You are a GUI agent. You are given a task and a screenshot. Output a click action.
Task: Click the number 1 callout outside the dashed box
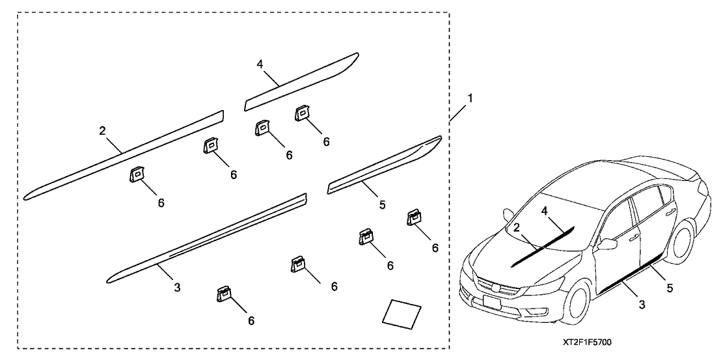470,99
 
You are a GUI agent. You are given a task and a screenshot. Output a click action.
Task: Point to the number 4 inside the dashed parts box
260,64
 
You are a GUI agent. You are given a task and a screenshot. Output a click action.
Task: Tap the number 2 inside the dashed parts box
103,131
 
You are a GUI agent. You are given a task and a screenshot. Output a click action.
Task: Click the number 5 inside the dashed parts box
382,204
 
